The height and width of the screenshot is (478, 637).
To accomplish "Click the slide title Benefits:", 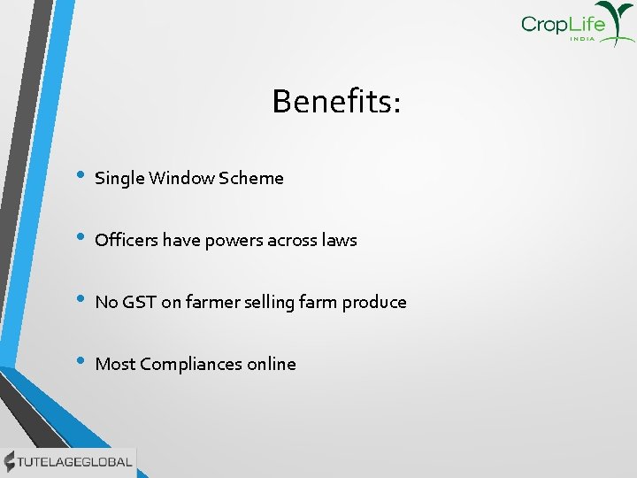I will [336, 102].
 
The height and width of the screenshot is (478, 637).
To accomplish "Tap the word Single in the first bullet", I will [119, 178].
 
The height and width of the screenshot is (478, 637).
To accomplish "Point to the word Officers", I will [125, 240].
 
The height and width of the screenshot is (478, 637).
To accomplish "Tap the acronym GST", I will [138, 302].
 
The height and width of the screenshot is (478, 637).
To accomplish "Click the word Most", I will [114, 364].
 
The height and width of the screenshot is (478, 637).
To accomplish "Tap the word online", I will [272, 364].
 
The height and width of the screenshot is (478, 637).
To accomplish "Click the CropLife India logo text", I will [564, 25].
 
